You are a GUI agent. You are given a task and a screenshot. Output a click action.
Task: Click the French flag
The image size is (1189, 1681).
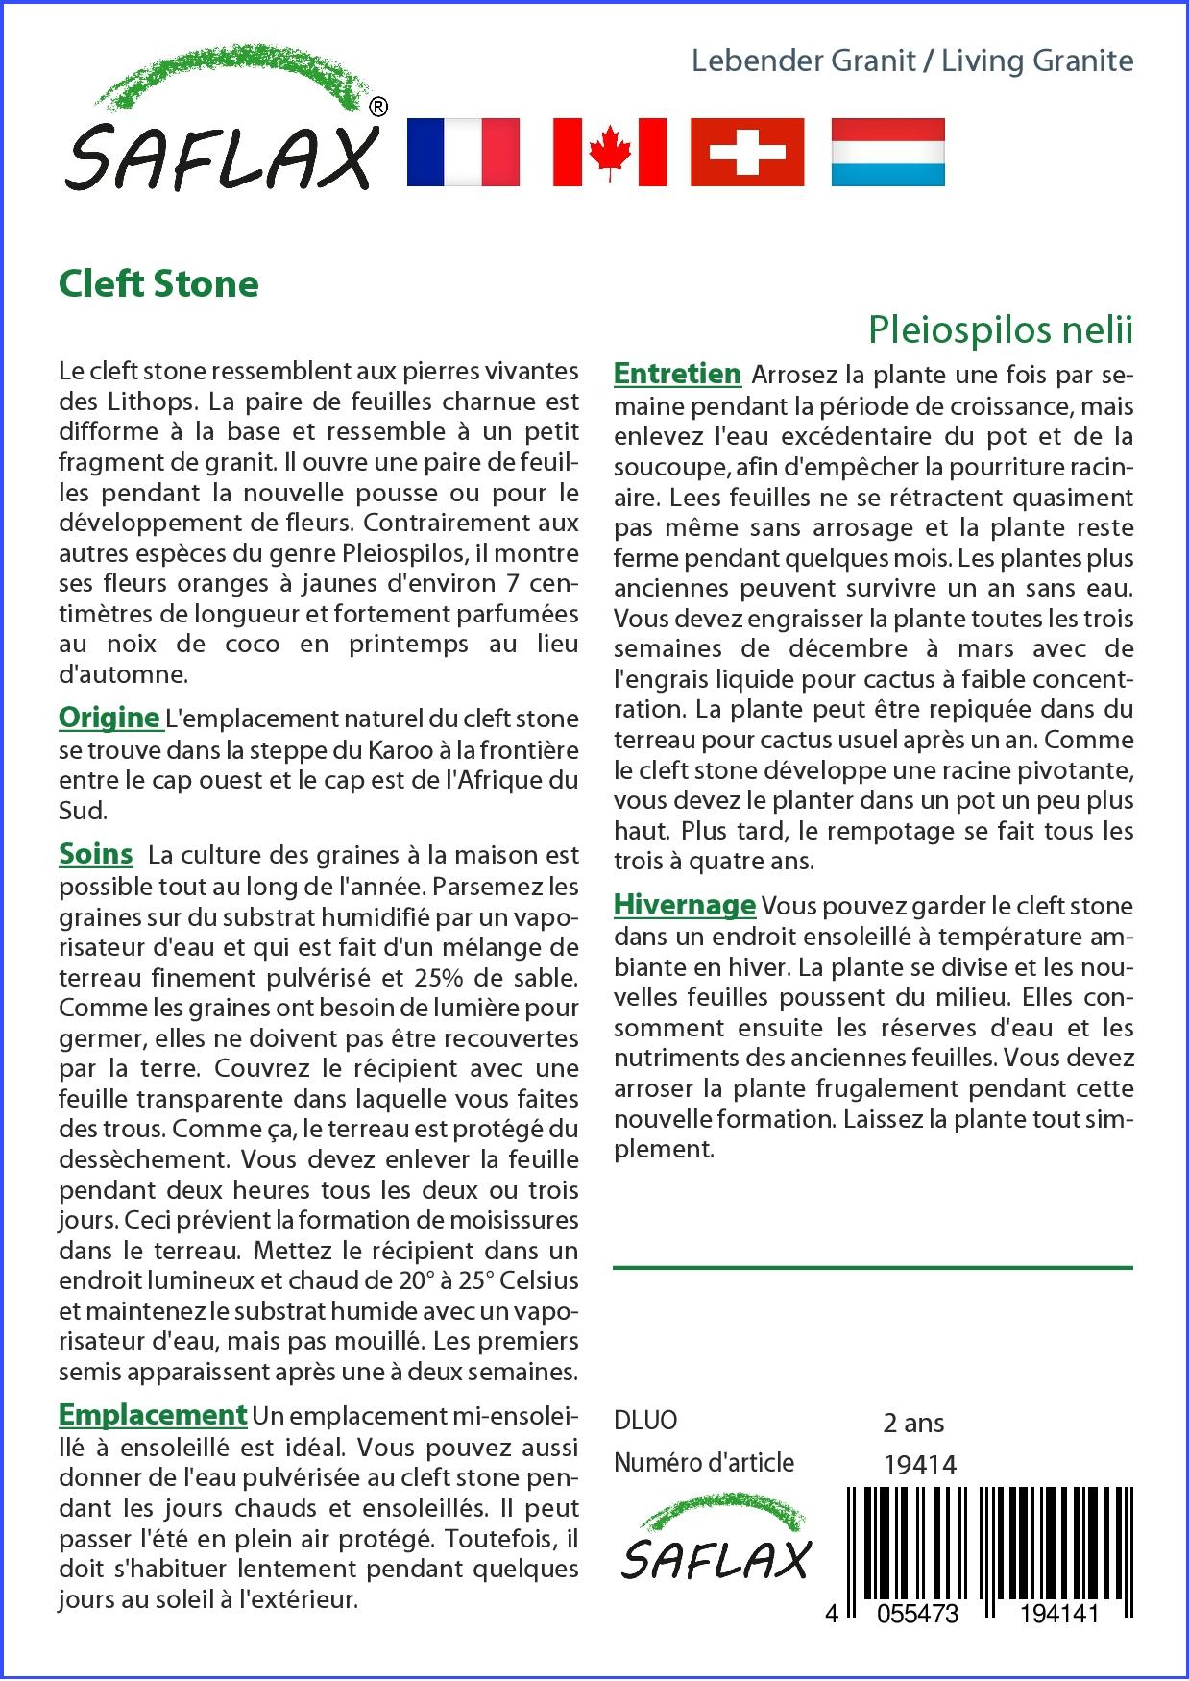point(463,152)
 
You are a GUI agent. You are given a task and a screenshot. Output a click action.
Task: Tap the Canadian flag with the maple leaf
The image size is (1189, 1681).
point(610,152)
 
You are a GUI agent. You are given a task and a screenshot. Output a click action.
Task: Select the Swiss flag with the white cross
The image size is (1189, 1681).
point(747,152)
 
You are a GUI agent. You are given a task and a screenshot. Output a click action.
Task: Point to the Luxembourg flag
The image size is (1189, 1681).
point(887,152)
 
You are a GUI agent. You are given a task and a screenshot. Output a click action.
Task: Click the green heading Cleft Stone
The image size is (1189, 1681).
point(158,284)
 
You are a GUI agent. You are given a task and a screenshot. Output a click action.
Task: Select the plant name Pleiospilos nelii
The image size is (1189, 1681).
point(1000,329)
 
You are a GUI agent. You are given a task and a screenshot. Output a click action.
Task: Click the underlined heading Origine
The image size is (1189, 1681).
point(109,718)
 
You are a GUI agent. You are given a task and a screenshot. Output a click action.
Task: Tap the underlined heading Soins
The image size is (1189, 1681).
point(96,854)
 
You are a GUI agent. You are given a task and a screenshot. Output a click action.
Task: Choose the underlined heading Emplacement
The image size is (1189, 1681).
point(153,1415)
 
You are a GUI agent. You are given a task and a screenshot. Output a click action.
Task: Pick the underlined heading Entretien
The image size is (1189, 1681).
point(677,374)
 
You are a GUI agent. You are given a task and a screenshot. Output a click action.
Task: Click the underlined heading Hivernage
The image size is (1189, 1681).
point(685,905)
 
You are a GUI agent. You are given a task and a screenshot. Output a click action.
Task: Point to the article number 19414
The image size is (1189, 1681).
point(919,1464)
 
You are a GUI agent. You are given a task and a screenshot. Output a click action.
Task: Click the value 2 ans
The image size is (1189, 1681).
point(913,1423)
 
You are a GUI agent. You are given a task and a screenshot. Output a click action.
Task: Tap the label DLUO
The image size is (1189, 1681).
point(645,1420)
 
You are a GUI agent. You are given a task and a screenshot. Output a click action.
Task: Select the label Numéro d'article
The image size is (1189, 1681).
point(704,1463)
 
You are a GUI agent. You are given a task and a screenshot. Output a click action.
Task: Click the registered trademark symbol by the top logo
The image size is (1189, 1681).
point(378,108)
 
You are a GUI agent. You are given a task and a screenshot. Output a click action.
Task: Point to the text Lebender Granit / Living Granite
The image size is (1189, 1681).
point(912,61)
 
